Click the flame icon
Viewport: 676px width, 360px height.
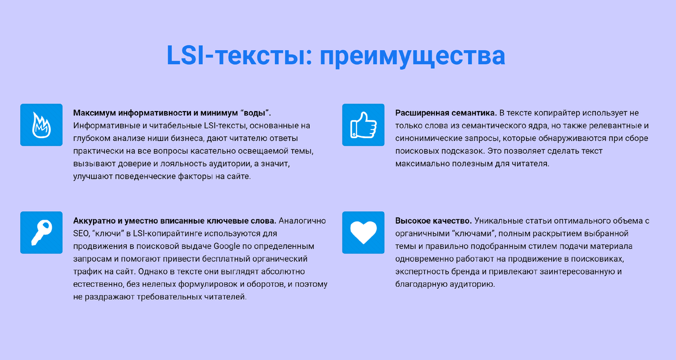click(41, 125)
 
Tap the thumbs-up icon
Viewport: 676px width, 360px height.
click(363, 125)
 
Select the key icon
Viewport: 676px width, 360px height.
click(41, 232)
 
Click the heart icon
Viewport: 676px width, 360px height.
click(363, 232)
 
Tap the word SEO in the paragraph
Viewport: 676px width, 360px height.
click(81, 233)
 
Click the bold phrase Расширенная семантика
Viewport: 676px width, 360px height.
click(446, 113)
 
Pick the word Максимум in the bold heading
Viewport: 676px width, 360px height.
click(94, 113)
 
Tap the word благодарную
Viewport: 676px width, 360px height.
click(420, 285)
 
